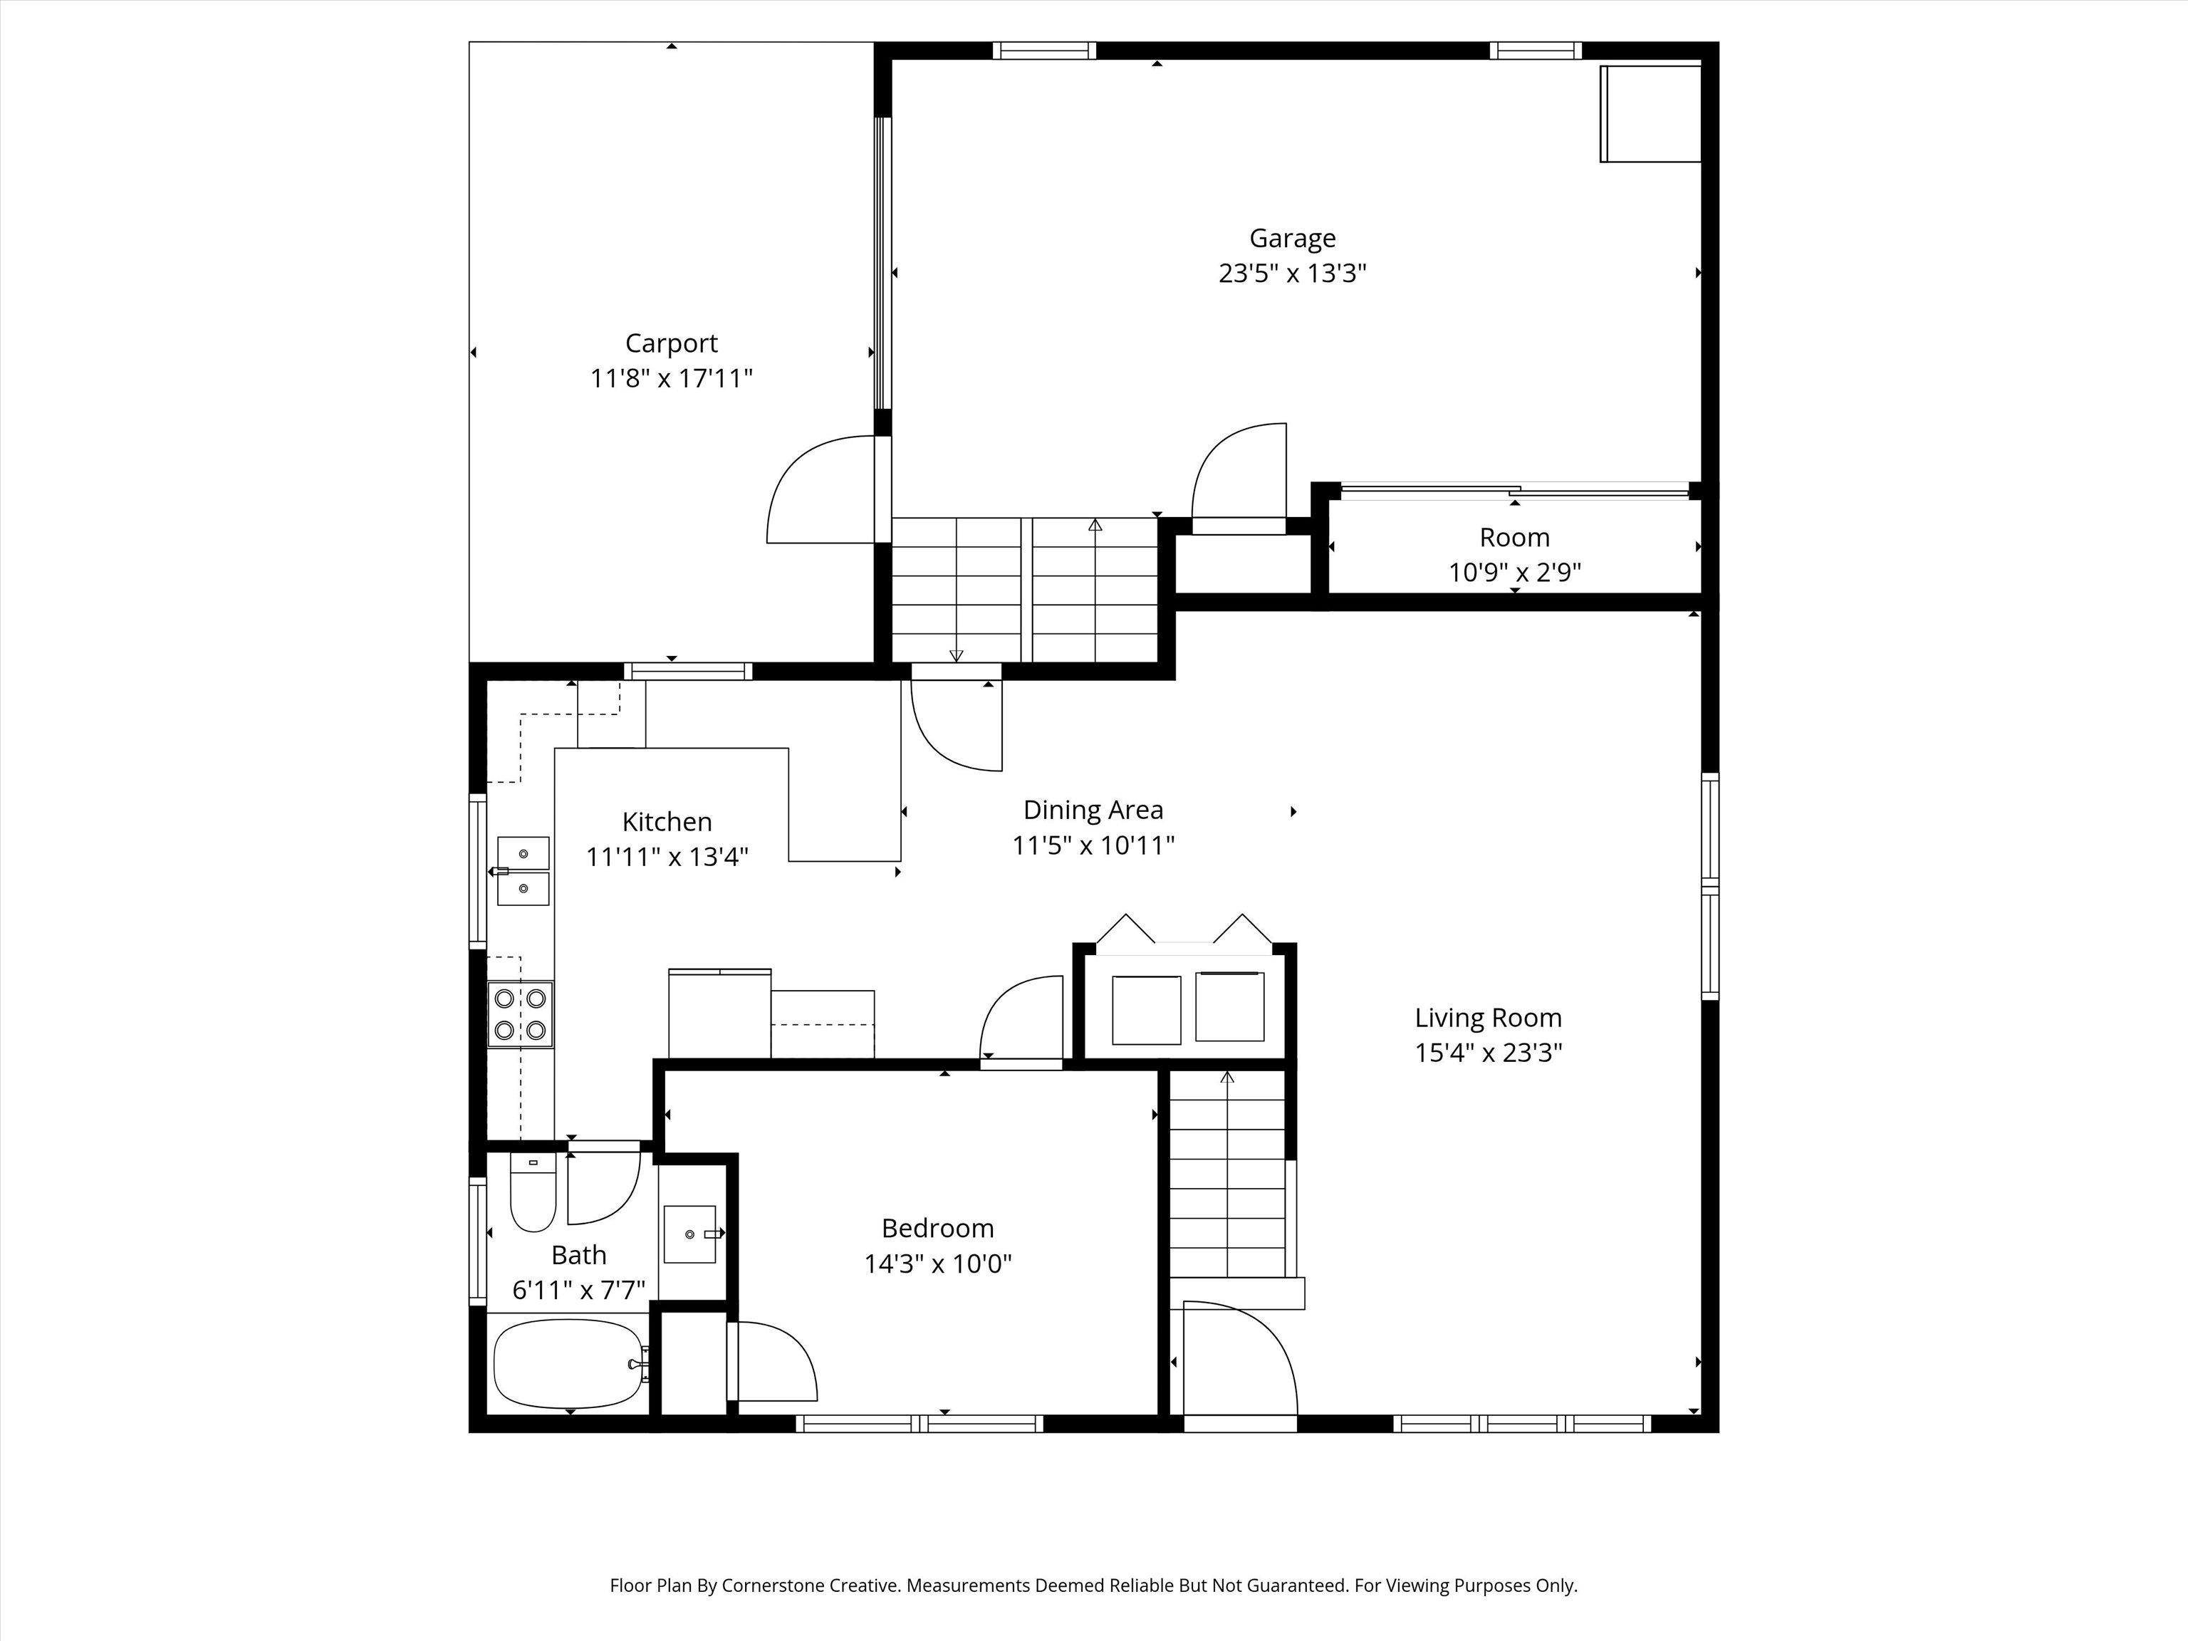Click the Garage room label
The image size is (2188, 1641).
click(1292, 239)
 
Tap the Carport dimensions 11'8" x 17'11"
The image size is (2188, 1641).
click(672, 378)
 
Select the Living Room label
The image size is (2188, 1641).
click(1488, 1018)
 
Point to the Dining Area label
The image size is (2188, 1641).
click(1093, 810)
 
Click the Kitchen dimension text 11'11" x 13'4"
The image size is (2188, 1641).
click(667, 857)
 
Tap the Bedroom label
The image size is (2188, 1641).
click(938, 1229)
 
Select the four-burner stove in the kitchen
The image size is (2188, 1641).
click(521, 1014)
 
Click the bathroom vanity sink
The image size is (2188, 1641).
click(690, 1234)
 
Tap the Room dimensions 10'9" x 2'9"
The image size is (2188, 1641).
click(1514, 572)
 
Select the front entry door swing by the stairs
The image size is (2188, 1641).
click(1241, 1358)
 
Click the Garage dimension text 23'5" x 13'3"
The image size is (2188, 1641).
click(1292, 273)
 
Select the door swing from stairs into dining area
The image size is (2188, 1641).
click(957, 725)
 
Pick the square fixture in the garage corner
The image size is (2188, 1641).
click(1650, 114)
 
